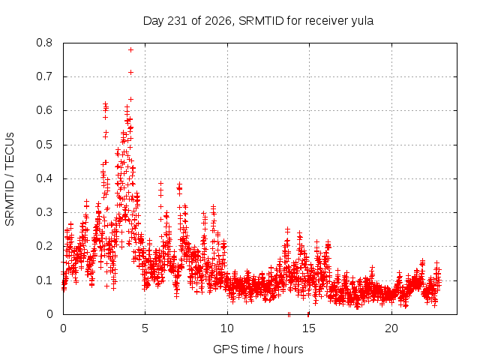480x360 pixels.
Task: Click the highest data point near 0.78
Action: pos(130,50)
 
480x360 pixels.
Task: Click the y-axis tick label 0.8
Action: pos(44,43)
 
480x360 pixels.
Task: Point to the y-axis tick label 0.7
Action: pos(44,76)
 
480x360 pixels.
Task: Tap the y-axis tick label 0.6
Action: pos(44,110)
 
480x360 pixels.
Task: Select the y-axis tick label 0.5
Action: pos(44,145)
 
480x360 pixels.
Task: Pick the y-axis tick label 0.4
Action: pos(44,178)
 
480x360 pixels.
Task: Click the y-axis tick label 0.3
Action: pos(44,212)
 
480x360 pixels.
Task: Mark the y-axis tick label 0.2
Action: pos(44,246)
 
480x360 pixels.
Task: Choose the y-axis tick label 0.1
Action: pos(44,280)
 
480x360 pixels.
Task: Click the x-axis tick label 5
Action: pos(145,328)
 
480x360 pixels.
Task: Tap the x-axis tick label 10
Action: pos(226,328)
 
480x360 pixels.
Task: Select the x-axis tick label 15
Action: pos(309,328)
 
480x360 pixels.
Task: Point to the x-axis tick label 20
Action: pos(391,328)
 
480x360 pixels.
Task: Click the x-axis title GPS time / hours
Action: pos(258,349)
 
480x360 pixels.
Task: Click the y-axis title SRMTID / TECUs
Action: pos(10,179)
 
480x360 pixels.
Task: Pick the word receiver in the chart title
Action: pos(327,21)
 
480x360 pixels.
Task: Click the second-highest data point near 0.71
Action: pos(130,73)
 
